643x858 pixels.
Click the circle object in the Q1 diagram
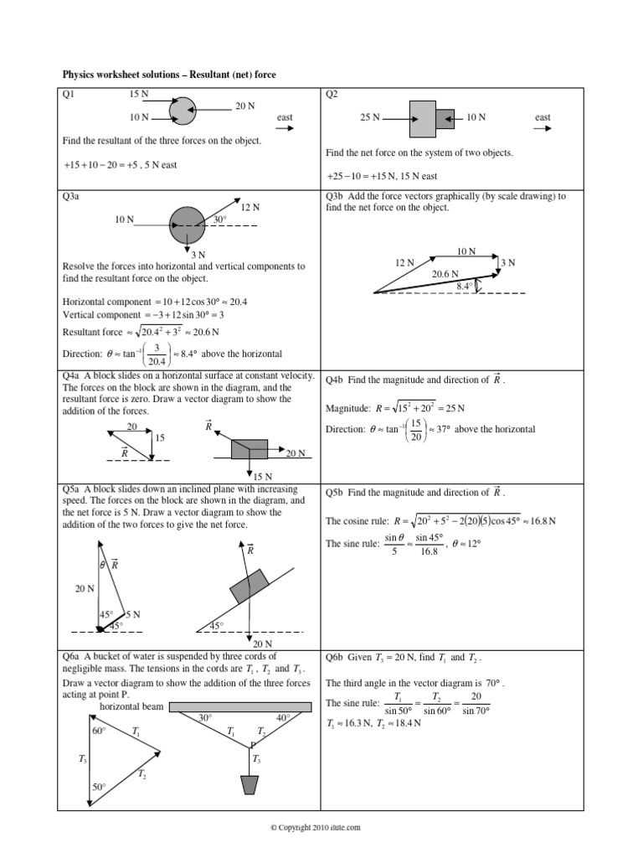(182, 110)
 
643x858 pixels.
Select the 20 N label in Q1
(244, 106)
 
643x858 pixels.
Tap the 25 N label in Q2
(370, 118)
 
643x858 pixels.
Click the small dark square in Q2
(445, 118)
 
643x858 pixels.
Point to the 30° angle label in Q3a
(220, 219)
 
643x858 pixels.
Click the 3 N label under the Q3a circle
(198, 254)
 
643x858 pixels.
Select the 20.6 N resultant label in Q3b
(446, 273)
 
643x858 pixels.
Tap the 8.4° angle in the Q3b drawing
(466, 286)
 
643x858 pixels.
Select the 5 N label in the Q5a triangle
(132, 615)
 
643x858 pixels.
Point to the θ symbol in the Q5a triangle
(103, 565)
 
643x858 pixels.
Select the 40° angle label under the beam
(282, 717)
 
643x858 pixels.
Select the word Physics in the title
(80, 75)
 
